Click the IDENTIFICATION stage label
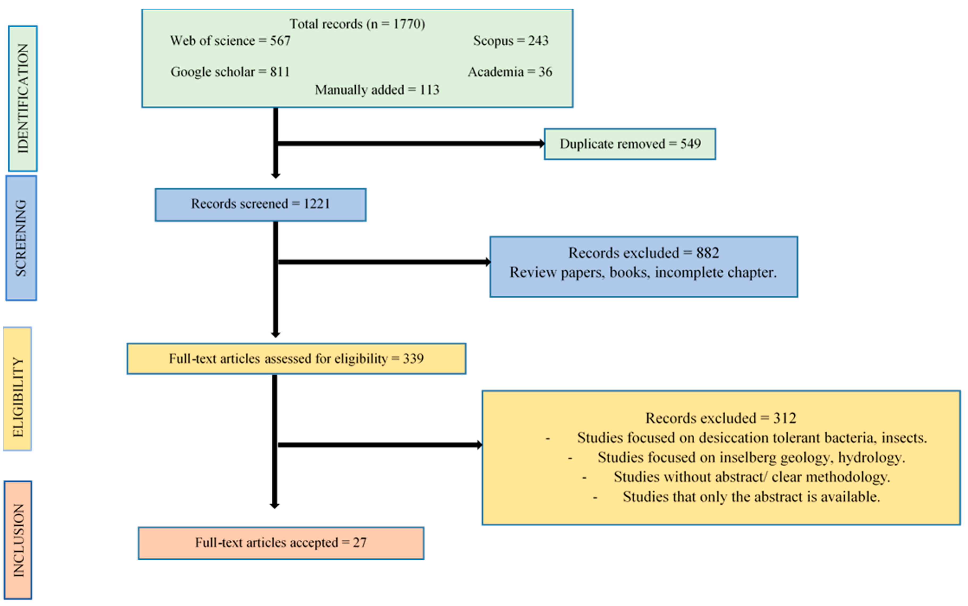coord(23,98)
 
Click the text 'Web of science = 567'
coord(230,41)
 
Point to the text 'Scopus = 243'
coord(511,41)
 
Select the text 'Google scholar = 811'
coord(230,72)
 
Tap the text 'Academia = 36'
coord(510,72)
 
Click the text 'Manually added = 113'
coord(377,90)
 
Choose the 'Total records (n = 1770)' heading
coord(357,24)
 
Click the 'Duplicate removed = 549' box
coord(630,144)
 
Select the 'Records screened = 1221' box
coord(260,204)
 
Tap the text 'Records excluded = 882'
coord(643,253)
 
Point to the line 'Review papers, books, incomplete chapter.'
coord(643,273)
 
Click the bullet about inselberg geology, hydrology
coord(751,457)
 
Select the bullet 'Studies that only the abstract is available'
coord(751,497)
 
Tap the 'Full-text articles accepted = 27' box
coord(281,543)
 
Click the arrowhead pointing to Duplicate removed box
coord(541,144)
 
